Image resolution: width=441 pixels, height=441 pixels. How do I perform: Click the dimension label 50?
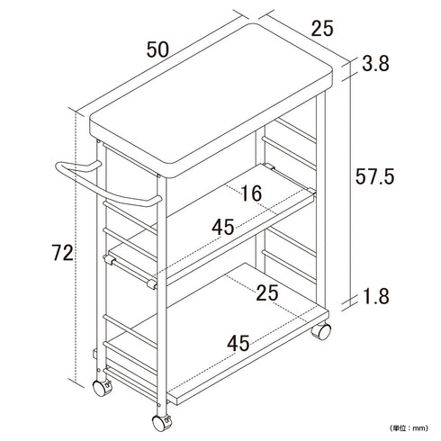pyautogui.click(x=157, y=49)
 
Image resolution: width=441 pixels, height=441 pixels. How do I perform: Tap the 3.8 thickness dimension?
pyautogui.click(x=375, y=64)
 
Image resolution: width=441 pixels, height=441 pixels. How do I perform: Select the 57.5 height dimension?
pyautogui.click(x=374, y=176)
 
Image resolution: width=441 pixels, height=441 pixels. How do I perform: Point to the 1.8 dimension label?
pyautogui.click(x=376, y=296)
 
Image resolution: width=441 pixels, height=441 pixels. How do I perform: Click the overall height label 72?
pyautogui.click(x=62, y=253)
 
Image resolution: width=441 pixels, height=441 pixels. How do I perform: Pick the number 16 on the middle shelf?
pyautogui.click(x=251, y=193)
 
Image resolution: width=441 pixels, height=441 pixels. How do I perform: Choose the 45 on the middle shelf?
pyautogui.click(x=223, y=227)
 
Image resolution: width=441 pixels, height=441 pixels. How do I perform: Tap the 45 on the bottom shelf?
pyautogui.click(x=238, y=344)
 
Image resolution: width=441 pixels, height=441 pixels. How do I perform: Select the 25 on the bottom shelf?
pyautogui.click(x=267, y=293)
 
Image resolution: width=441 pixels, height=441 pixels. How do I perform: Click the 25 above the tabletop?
pyautogui.click(x=322, y=29)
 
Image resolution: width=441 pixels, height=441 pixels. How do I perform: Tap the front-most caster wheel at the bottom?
pyautogui.click(x=161, y=423)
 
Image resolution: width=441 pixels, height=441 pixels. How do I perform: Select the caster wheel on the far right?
pyautogui.click(x=321, y=331)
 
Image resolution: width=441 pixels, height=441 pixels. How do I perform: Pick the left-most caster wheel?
pyautogui.click(x=102, y=388)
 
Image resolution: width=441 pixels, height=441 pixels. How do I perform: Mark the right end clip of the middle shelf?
pyautogui.click(x=312, y=191)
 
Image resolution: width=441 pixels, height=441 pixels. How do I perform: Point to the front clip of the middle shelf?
pyautogui.click(x=152, y=284)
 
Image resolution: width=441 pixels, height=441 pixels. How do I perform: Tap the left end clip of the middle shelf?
pyautogui.click(x=109, y=259)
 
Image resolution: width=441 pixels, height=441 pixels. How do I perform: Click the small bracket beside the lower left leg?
pyautogui.click(x=94, y=353)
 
